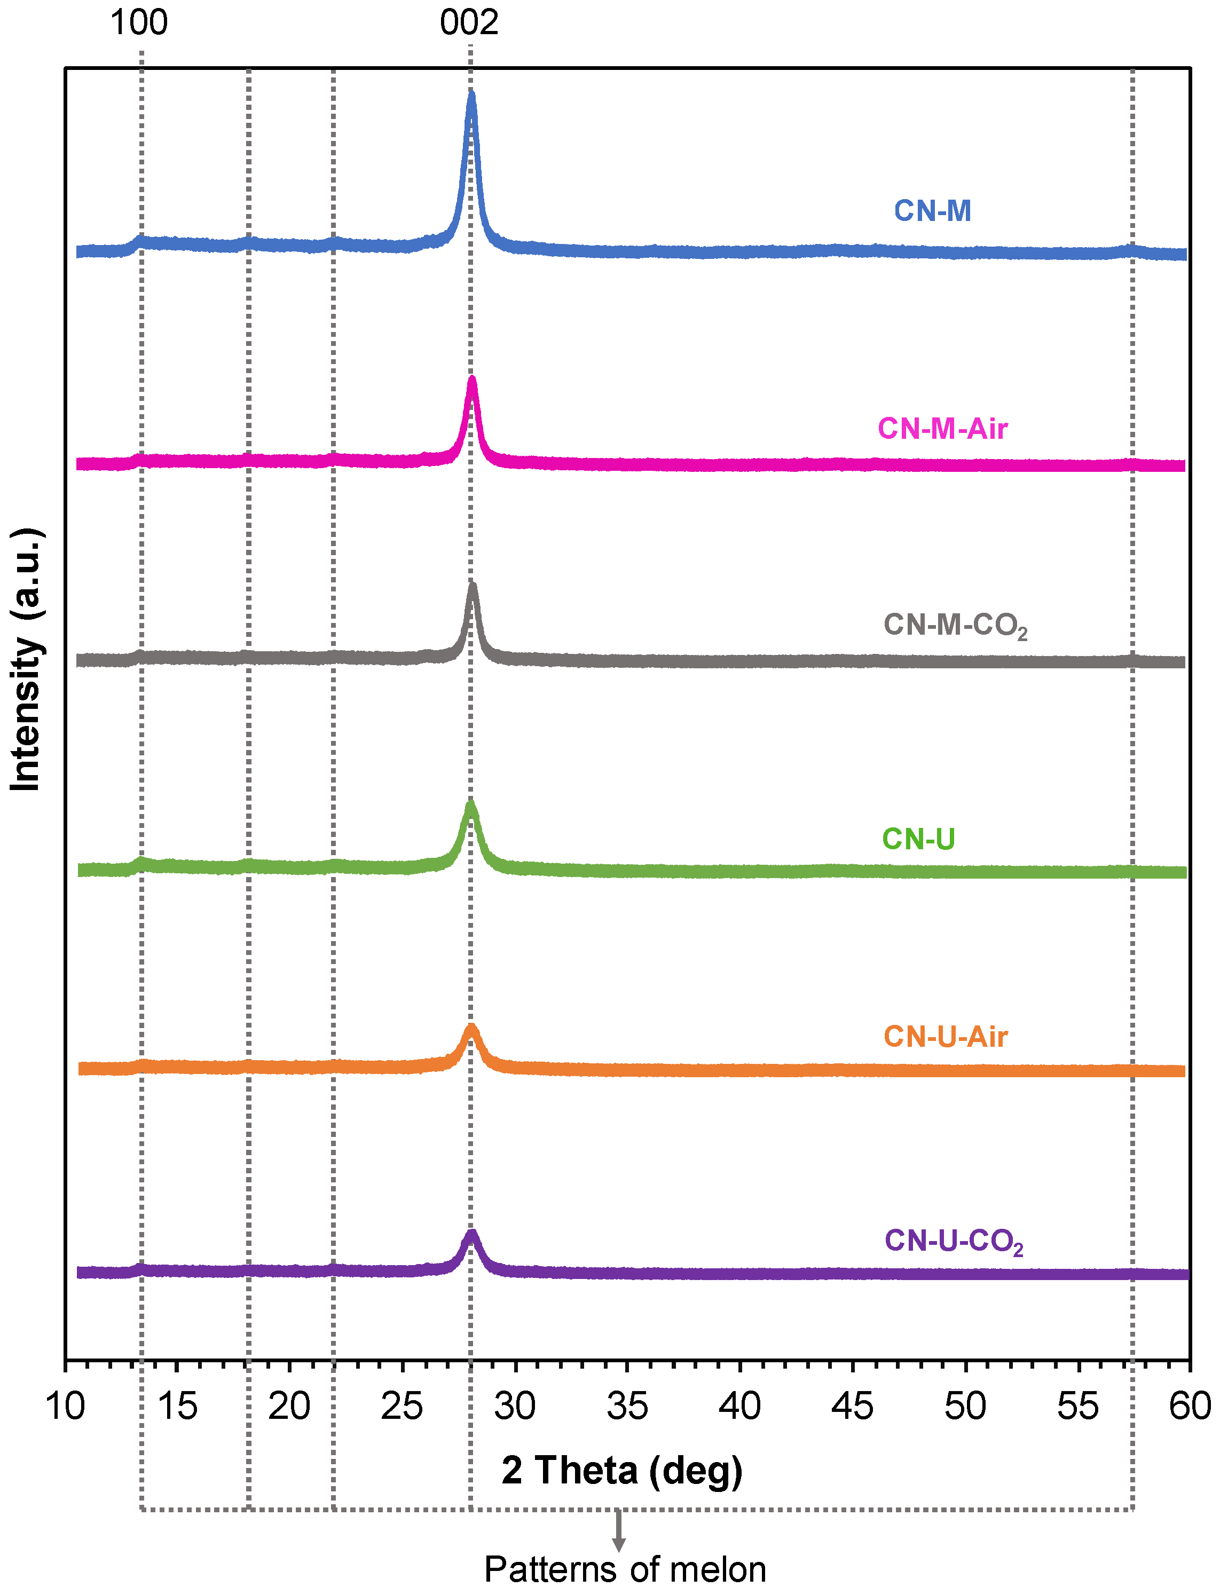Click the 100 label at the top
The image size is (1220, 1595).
(x=139, y=22)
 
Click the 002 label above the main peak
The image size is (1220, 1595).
(x=469, y=22)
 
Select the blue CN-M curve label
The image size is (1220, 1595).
(x=932, y=210)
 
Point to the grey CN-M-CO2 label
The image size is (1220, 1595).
(x=954, y=625)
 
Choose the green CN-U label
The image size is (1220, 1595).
(x=918, y=839)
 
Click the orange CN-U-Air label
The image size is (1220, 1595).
(x=945, y=1037)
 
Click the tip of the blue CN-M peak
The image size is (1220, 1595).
(x=471, y=93)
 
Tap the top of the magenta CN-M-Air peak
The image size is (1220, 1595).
(x=472, y=379)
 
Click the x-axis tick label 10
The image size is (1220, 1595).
(x=65, y=1406)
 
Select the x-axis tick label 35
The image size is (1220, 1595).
(x=627, y=1406)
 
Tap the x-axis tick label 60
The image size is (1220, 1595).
(x=1190, y=1406)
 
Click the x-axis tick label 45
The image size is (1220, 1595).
(x=852, y=1406)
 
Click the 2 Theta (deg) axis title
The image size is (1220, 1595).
(x=621, y=1470)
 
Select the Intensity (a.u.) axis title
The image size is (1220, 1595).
(x=26, y=659)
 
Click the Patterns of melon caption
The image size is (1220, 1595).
(x=625, y=1569)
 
